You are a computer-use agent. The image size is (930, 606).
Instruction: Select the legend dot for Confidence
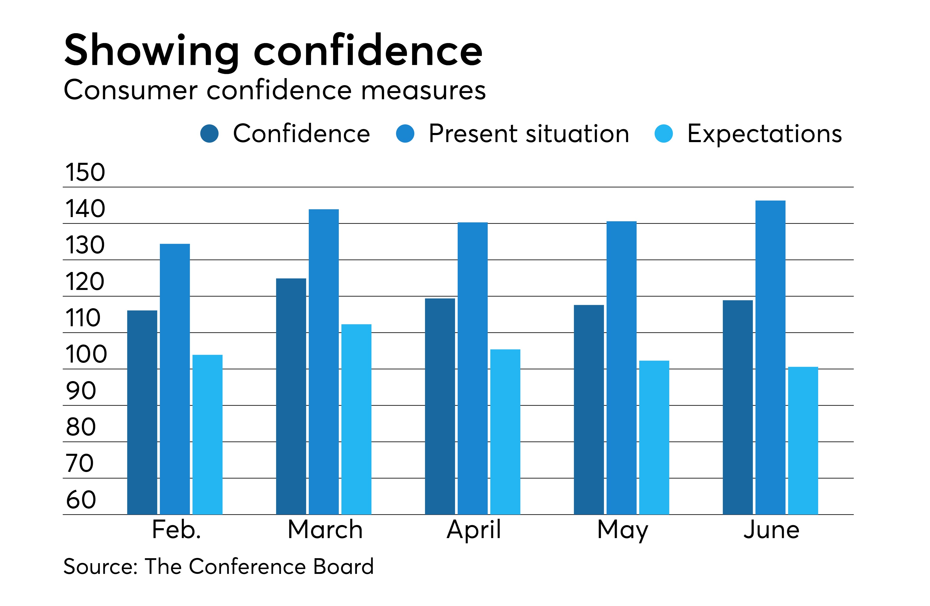[210, 134]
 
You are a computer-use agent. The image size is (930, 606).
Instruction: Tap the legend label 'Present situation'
[529, 134]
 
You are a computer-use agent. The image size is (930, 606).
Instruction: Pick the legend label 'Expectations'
[764, 134]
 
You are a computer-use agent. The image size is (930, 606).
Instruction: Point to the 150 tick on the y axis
[85, 172]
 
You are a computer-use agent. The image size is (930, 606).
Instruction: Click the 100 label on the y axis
[86, 354]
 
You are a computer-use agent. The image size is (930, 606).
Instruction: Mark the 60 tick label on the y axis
[81, 500]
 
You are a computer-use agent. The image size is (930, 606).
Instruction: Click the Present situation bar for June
[770, 358]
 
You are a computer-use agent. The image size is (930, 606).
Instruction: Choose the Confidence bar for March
[291, 397]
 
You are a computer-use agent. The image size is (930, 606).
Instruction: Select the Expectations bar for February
[207, 434]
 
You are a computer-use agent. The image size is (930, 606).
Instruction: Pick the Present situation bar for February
[175, 379]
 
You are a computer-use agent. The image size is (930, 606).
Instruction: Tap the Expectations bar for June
[803, 441]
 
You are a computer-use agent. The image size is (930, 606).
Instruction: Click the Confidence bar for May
[589, 410]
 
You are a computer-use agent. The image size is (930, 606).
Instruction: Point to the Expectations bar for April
[505, 432]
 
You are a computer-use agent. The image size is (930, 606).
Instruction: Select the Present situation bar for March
[324, 362]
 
